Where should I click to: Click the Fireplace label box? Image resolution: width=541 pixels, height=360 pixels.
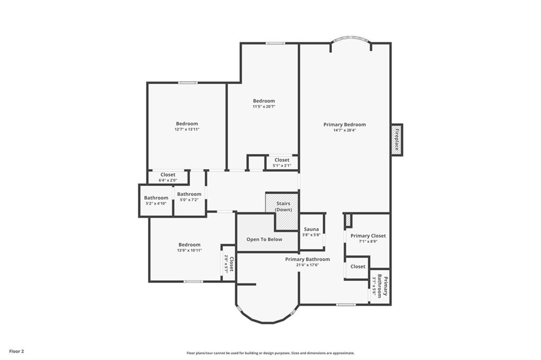click(397, 140)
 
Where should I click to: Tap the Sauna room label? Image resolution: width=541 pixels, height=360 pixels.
click(311, 229)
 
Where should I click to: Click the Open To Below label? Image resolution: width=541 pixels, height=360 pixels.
click(264, 239)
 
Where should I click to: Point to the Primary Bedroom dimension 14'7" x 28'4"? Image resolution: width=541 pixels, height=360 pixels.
click(344, 130)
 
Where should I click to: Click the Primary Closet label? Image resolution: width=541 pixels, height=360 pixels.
click(368, 236)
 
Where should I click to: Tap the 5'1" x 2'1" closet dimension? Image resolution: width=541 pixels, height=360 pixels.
click(282, 166)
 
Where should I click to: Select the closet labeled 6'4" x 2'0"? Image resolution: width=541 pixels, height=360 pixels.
click(168, 177)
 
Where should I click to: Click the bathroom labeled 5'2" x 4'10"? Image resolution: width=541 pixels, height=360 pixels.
click(156, 201)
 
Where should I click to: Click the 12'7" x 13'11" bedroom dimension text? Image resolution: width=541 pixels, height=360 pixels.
click(187, 129)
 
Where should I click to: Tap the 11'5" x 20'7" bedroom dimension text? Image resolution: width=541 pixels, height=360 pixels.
click(264, 107)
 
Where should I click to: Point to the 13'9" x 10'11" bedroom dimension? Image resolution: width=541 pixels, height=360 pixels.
click(190, 250)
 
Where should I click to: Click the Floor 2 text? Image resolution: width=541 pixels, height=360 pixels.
click(16, 352)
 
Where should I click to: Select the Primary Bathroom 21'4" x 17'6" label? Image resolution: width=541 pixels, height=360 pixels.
click(307, 262)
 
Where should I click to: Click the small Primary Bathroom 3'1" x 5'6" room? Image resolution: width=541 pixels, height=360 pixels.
click(380, 286)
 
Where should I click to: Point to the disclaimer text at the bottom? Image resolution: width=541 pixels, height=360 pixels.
click(270, 353)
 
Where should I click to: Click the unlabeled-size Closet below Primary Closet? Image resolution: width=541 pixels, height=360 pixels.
click(358, 267)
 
